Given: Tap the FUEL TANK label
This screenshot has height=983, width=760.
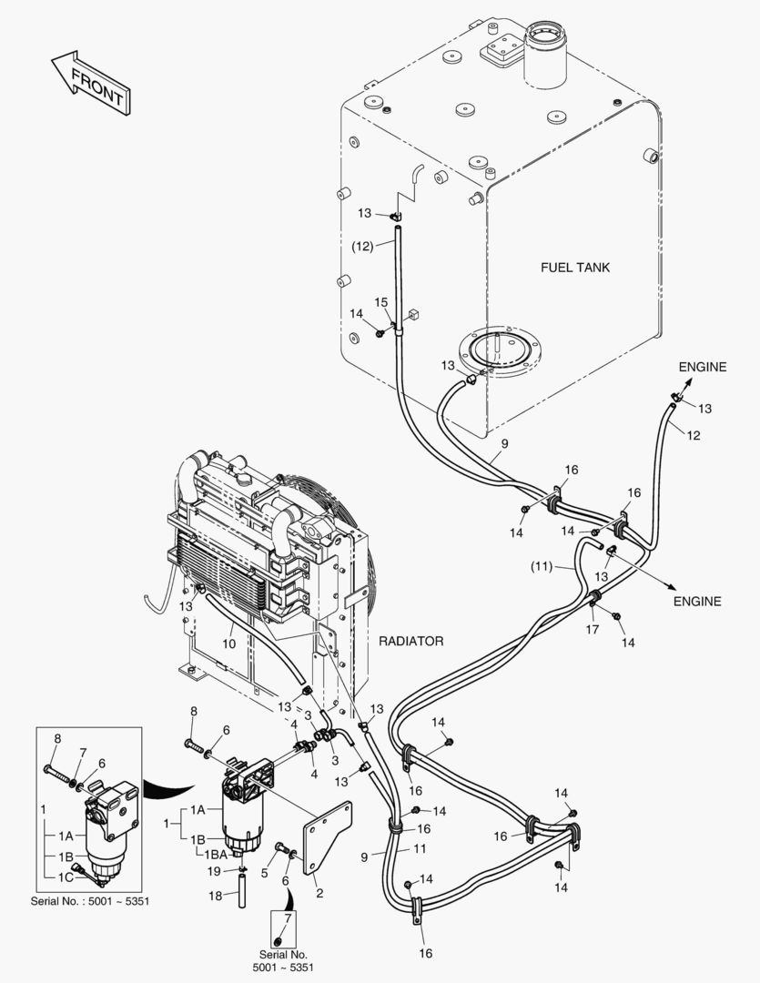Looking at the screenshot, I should pos(575,268).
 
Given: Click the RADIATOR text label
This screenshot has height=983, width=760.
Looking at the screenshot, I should pos(410,642).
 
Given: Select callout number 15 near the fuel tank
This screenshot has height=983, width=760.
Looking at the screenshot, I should pos(380,302).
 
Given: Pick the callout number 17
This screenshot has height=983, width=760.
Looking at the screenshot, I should pos(592,629).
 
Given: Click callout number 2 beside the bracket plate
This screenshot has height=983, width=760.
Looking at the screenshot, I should pos(319,893).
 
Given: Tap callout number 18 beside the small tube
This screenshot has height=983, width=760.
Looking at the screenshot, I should pos(217,897).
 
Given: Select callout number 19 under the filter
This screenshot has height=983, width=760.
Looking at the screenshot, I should pos(213,872).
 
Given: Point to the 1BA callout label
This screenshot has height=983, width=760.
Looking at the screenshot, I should pos(216,855).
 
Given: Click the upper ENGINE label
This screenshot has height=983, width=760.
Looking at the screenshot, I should pos(702,367).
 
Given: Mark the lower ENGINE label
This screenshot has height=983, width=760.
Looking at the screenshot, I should pos(697,601).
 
